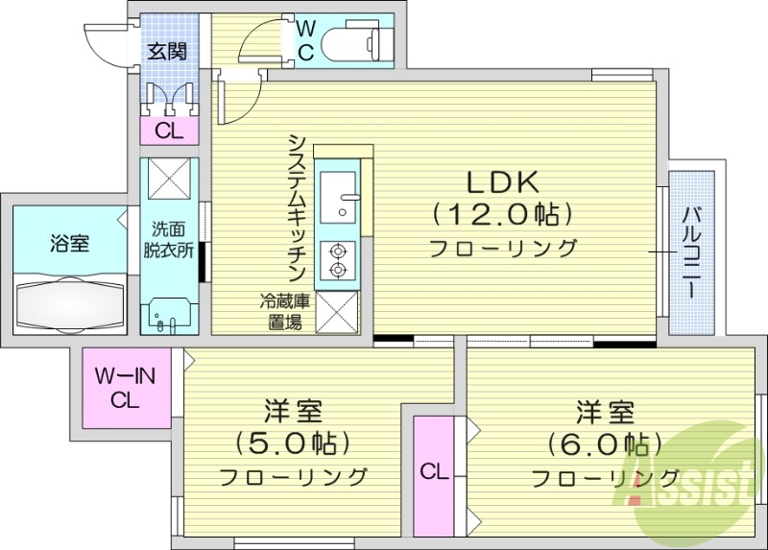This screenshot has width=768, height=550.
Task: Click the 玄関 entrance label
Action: [x=167, y=51]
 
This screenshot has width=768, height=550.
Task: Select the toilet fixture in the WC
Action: [x=356, y=42]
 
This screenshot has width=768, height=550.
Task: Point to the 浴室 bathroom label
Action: [x=69, y=243]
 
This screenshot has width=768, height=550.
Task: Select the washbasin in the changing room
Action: [x=169, y=314]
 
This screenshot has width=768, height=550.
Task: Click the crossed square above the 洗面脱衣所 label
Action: [x=170, y=179]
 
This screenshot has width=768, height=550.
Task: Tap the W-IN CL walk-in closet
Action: [x=124, y=390]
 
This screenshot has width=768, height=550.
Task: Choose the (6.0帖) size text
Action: [x=605, y=444]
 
